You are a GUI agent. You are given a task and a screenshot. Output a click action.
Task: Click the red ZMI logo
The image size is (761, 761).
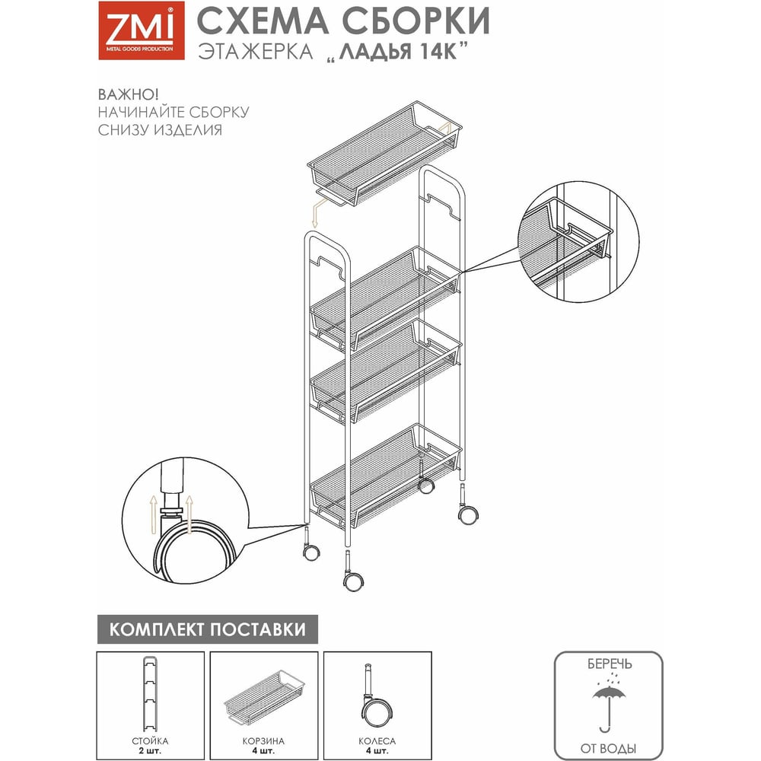click(142, 30)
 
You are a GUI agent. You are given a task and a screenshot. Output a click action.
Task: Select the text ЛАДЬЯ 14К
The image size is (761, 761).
click(398, 51)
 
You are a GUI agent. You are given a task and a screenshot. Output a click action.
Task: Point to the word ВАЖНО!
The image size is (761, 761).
click(129, 94)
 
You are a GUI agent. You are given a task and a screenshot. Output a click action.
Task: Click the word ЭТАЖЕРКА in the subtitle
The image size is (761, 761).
click(256, 52)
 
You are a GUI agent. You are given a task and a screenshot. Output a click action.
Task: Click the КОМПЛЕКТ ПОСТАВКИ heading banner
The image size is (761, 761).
click(208, 629)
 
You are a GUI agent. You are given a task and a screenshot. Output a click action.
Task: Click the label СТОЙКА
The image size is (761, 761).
click(151, 740)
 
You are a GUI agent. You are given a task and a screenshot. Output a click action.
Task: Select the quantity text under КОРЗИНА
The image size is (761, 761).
click(263, 751)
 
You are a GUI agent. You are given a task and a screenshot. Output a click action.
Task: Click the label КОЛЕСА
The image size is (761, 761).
click(377, 740)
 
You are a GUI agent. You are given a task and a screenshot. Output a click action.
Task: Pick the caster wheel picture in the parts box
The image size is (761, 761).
click(375, 696)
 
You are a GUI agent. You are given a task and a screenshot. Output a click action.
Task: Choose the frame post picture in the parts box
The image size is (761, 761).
click(151, 693)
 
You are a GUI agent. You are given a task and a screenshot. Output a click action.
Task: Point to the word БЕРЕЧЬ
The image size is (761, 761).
click(610, 664)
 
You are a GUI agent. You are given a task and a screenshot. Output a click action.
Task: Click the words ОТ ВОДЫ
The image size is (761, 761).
click(608, 748)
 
